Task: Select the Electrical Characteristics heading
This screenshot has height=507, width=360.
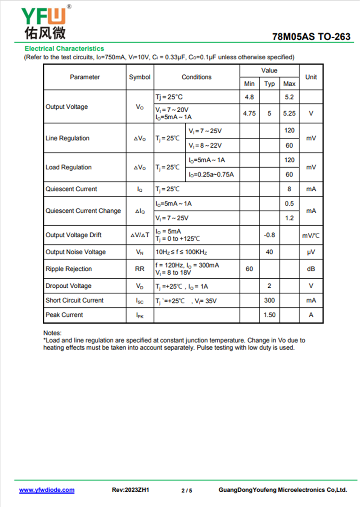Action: point(64,49)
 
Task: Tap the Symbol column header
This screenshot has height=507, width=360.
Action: point(139,77)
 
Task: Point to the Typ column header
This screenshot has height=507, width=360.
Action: point(269,84)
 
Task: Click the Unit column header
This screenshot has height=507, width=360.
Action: point(311,77)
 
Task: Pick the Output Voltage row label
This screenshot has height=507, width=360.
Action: point(67,107)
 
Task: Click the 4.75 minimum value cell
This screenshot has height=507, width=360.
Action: point(249,113)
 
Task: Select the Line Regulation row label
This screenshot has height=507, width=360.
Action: point(67,138)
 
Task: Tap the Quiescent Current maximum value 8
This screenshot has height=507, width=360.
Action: point(289,189)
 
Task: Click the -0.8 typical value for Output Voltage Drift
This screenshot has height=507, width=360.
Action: point(269,235)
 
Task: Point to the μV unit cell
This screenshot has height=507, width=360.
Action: point(311,252)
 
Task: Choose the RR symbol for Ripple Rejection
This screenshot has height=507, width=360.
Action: point(139,269)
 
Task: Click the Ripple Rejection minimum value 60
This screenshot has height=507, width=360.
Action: point(249,269)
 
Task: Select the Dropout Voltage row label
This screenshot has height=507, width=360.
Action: point(68,286)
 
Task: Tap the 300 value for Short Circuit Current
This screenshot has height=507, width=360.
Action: point(269,300)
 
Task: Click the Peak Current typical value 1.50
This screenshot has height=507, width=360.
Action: point(269,315)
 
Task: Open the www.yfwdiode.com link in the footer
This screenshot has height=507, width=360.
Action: point(47,490)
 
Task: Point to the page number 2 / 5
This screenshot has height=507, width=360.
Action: point(187,490)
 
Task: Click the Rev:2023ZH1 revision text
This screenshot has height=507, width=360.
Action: point(130,490)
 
